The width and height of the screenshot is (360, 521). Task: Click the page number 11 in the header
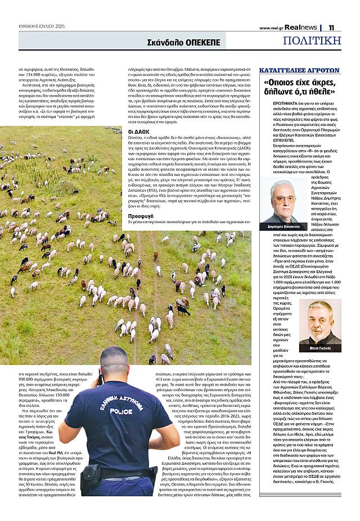(x=332, y=27)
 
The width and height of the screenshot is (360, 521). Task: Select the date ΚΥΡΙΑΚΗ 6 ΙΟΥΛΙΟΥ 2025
(x=41, y=26)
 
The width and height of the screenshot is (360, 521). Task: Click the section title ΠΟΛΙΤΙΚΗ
(x=312, y=40)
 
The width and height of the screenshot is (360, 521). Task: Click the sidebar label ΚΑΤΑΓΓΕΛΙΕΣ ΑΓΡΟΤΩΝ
(x=299, y=70)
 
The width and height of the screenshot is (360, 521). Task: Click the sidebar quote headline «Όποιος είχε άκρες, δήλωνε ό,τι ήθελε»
(x=299, y=88)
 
